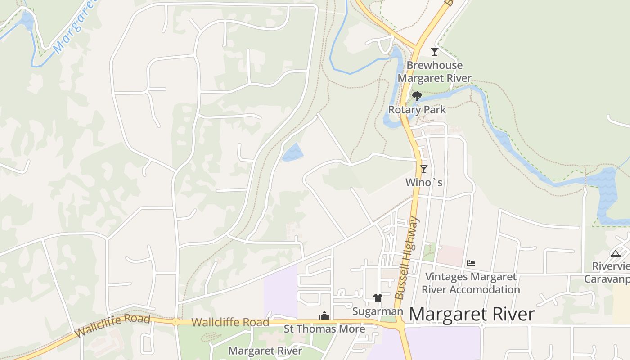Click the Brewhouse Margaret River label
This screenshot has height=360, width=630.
tap(434, 72)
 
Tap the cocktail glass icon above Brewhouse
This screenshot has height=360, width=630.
tap(435, 51)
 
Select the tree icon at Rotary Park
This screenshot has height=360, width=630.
tap(417, 96)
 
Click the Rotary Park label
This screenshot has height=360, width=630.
tap(417, 109)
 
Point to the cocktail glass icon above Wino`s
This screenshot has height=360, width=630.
tap(423, 169)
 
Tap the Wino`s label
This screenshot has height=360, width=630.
tap(424, 182)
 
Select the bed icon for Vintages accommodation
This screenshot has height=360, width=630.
tap(471, 263)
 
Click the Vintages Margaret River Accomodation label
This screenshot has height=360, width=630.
tap(471, 283)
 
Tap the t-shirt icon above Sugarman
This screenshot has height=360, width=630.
tap(378, 298)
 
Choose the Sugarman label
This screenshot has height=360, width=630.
tap(378, 311)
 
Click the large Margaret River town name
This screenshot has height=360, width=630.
tap(472, 314)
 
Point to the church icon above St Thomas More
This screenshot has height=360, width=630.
tap(324, 316)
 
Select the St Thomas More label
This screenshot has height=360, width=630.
tap(324, 329)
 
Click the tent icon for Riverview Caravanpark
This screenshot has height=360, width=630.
tap(616, 253)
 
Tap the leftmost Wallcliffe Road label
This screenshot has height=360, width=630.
tap(112, 326)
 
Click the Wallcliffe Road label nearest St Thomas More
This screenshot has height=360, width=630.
tap(230, 322)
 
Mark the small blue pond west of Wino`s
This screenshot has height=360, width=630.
tap(292, 153)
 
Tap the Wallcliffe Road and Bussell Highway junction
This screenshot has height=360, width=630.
tap(399, 323)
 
